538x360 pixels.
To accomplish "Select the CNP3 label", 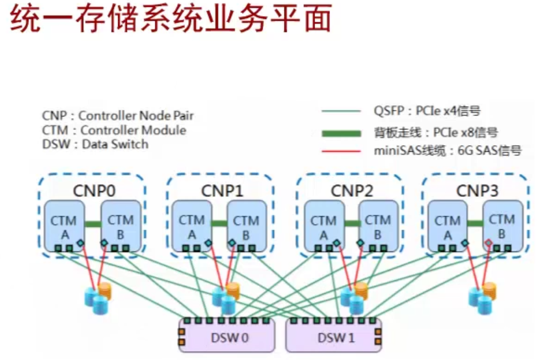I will point(475,191).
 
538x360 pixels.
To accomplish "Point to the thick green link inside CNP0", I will point(93,224).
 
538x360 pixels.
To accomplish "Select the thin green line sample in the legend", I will point(341,112).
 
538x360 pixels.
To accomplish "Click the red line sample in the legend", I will point(341,150).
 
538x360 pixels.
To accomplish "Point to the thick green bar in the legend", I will point(341,133).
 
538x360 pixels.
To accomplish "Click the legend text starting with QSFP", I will point(424,112).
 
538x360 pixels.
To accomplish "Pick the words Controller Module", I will point(133,130).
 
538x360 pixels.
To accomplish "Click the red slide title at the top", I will point(171,19).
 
